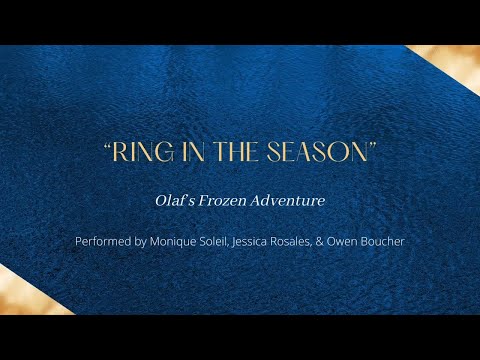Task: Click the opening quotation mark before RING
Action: [x=107, y=149]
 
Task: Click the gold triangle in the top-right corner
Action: [x=455, y=60]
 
